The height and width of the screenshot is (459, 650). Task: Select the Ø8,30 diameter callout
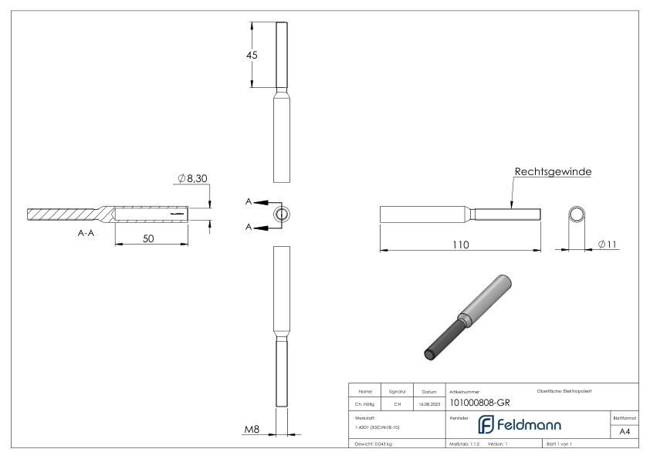tap(193, 179)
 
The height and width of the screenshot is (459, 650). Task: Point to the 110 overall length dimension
tap(462, 244)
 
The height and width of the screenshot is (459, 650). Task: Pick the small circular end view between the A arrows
tap(283, 214)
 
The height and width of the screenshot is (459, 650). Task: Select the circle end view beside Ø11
tap(577, 214)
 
